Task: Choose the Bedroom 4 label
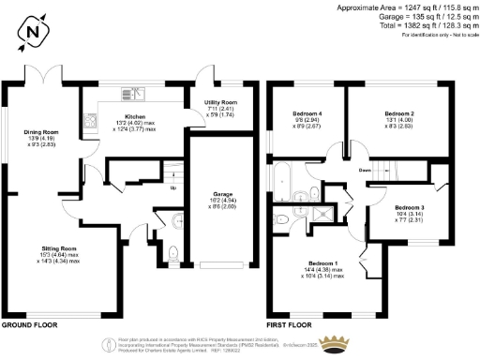(307, 112)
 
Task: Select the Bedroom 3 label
(409, 207)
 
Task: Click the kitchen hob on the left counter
(90, 119)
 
